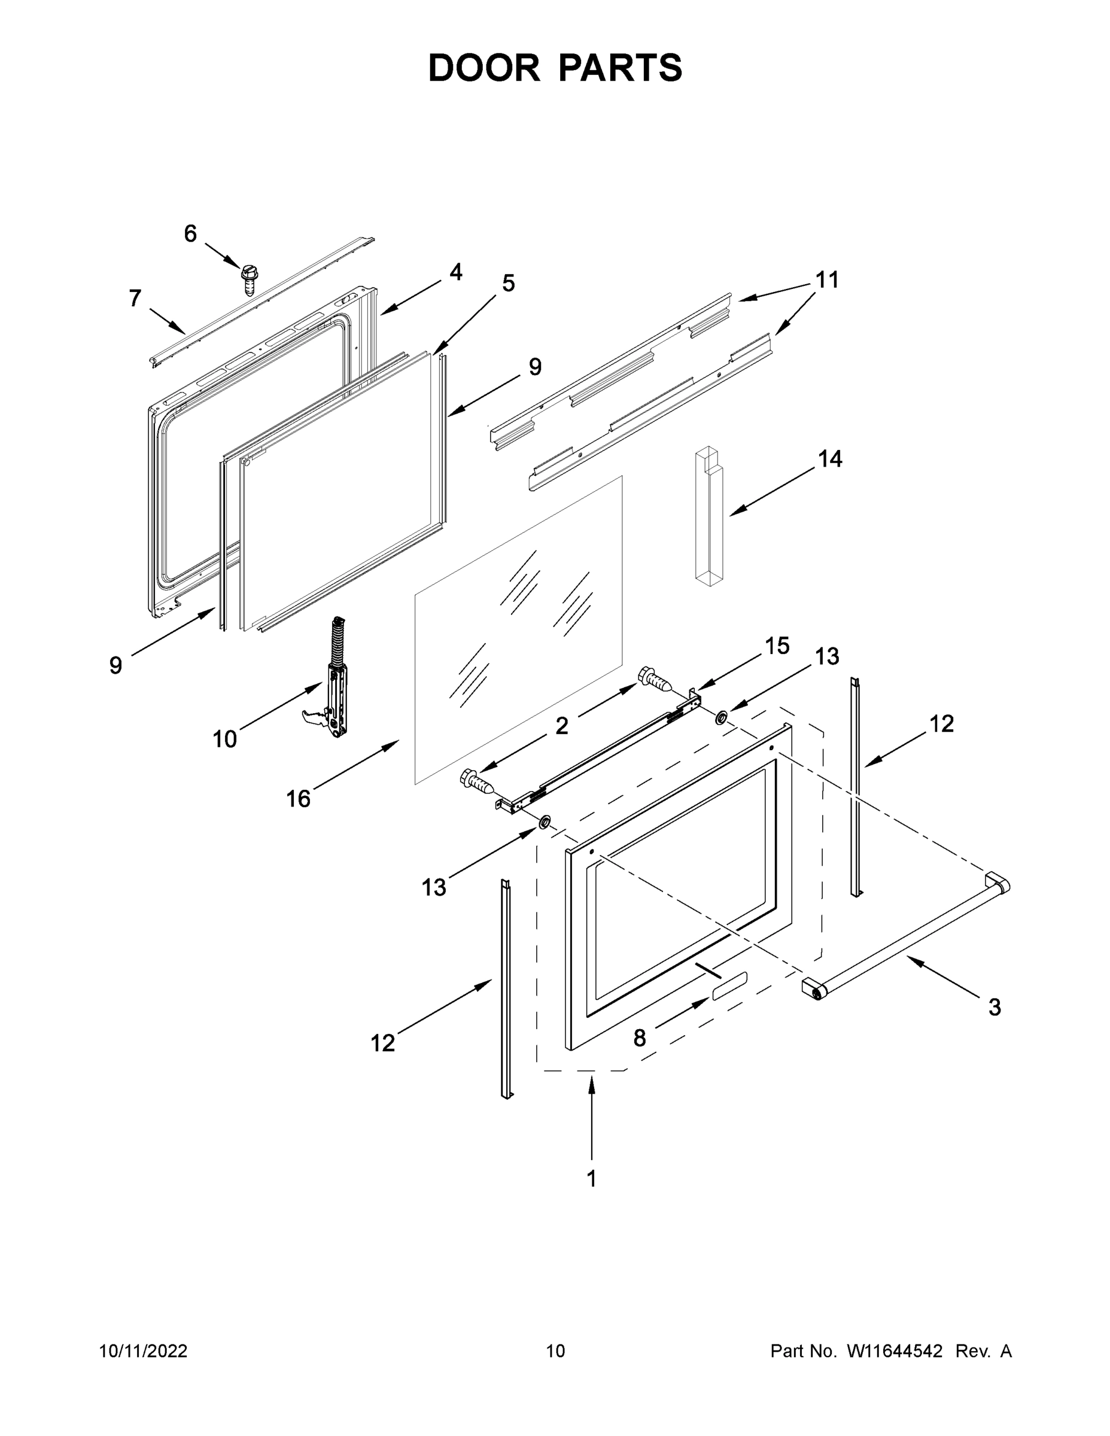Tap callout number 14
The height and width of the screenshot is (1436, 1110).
tap(830, 459)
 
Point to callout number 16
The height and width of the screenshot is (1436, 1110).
tap(298, 799)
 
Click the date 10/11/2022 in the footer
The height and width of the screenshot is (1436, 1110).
tap(144, 1350)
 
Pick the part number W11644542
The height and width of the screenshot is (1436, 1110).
tap(895, 1350)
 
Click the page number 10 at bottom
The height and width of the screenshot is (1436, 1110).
tap(555, 1350)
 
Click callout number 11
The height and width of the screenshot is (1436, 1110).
tap(827, 280)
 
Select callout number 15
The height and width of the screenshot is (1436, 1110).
tap(777, 646)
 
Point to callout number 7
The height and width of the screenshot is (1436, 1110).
tap(135, 299)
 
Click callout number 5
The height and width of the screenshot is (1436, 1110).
tap(508, 284)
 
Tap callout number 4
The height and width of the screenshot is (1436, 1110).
tap(456, 272)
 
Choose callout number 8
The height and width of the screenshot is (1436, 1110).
tap(639, 1038)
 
